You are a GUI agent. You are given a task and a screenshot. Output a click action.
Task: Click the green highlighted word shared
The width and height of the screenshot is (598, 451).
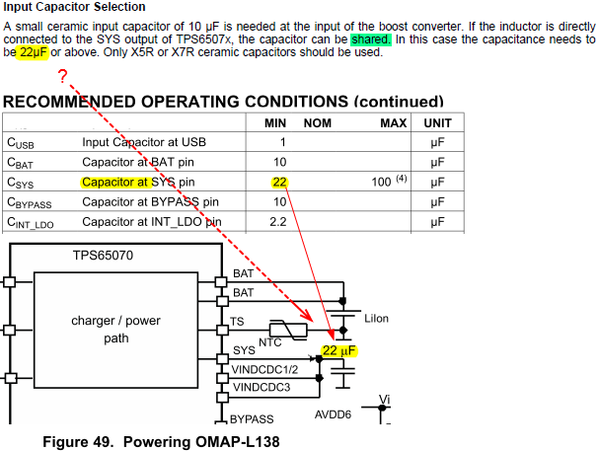[x=370, y=39]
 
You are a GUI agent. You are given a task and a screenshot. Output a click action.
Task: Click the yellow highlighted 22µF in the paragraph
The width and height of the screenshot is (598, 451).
[x=35, y=52]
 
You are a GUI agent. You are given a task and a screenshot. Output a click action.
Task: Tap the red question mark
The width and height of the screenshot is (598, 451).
[x=62, y=78]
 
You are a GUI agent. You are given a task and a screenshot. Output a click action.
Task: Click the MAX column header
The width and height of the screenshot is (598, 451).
[x=394, y=123]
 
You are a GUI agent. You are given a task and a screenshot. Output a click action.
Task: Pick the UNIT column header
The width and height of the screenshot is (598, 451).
[x=437, y=123]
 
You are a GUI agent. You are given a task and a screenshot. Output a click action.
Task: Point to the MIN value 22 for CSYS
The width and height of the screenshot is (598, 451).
[x=280, y=183]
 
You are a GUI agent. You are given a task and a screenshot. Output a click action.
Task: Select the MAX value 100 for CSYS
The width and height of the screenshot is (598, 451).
[x=380, y=183]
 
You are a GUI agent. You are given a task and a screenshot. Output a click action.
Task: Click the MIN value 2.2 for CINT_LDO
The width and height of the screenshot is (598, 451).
[x=278, y=222]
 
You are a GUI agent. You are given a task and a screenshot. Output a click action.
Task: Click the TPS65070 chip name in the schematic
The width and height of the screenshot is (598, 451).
[x=104, y=256]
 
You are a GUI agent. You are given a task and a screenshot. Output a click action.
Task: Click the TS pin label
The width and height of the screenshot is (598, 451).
[x=238, y=322]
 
